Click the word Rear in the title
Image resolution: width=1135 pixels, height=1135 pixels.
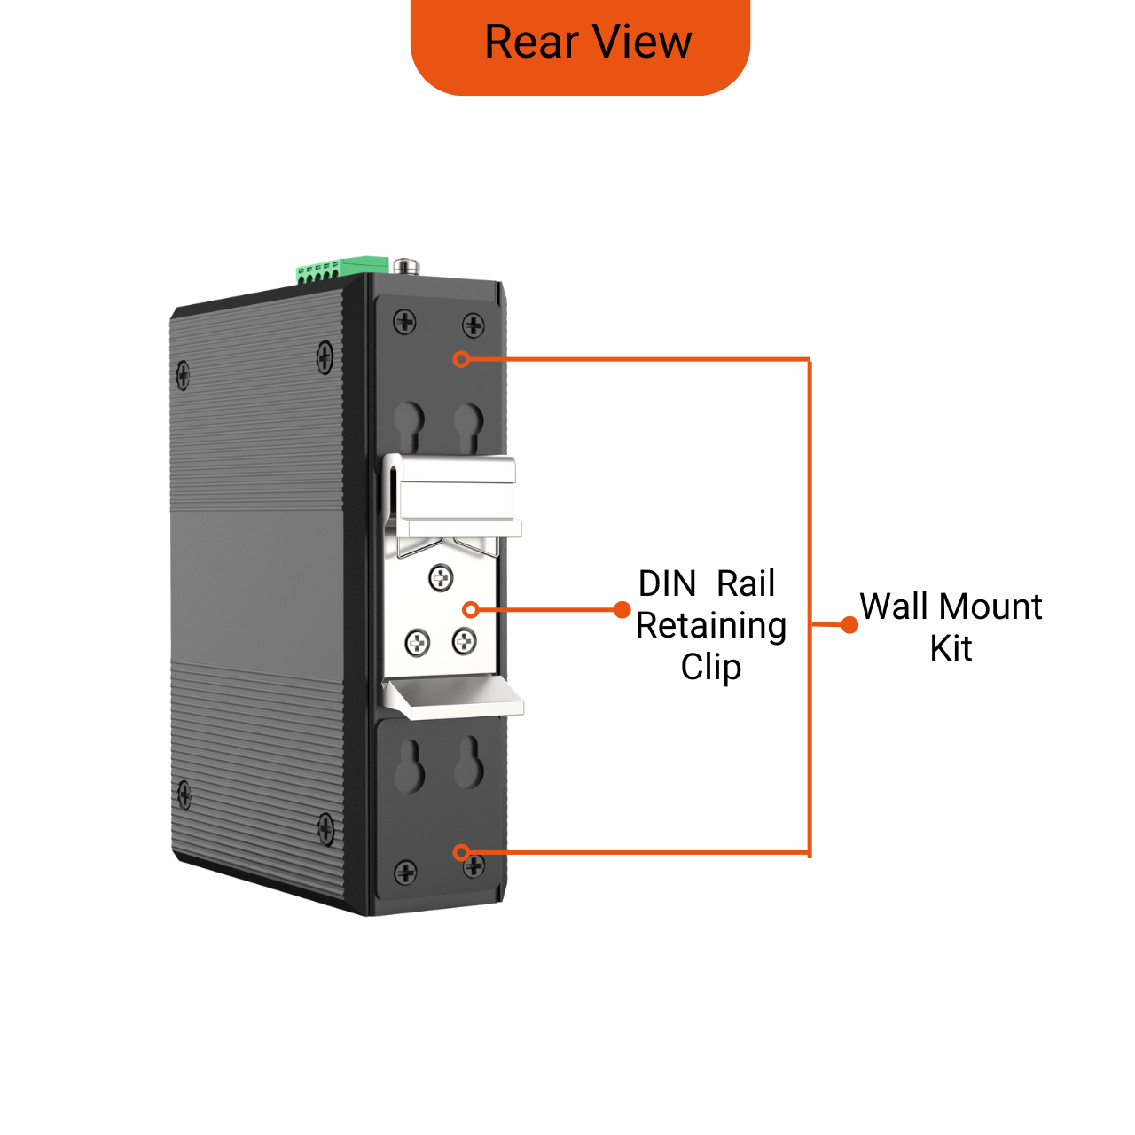(530, 43)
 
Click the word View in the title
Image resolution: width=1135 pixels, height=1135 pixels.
(643, 43)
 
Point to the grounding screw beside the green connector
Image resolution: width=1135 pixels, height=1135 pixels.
(407, 265)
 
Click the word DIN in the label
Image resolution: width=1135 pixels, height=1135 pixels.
(667, 584)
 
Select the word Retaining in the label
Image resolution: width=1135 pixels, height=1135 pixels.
(711, 626)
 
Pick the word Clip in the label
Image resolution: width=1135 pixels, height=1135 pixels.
(711, 667)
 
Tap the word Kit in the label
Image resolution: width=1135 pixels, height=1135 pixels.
(951, 649)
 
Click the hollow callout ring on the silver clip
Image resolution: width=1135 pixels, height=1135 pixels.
(471, 609)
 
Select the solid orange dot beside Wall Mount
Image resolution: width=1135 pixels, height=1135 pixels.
(849, 625)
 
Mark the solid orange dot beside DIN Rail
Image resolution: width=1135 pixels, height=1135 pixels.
(622, 609)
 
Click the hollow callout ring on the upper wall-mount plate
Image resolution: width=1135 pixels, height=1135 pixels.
(461, 359)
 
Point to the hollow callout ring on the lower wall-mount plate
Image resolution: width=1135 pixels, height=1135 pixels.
(461, 852)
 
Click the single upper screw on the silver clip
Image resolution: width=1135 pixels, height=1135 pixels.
(441, 578)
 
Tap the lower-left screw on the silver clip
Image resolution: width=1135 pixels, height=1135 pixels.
(418, 642)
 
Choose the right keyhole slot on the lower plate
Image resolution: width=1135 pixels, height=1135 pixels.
(468, 763)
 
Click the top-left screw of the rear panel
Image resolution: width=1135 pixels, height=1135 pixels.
(404, 321)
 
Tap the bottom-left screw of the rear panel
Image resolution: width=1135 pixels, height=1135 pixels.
(405, 873)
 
